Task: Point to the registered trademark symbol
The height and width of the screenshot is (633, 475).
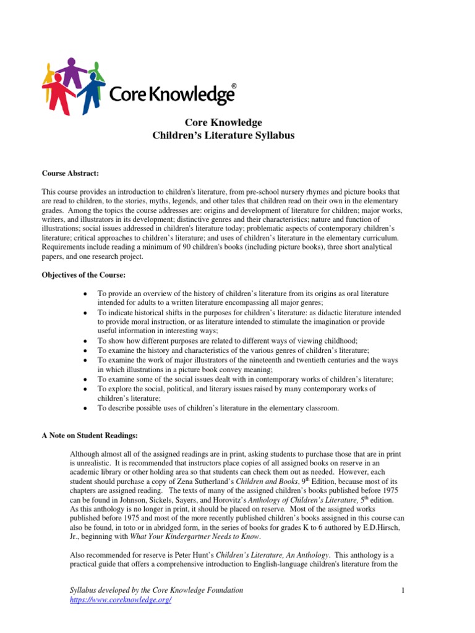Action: click(x=233, y=87)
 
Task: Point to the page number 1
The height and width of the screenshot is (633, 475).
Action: click(x=402, y=591)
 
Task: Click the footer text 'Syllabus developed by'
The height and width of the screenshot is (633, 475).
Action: click(x=99, y=591)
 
